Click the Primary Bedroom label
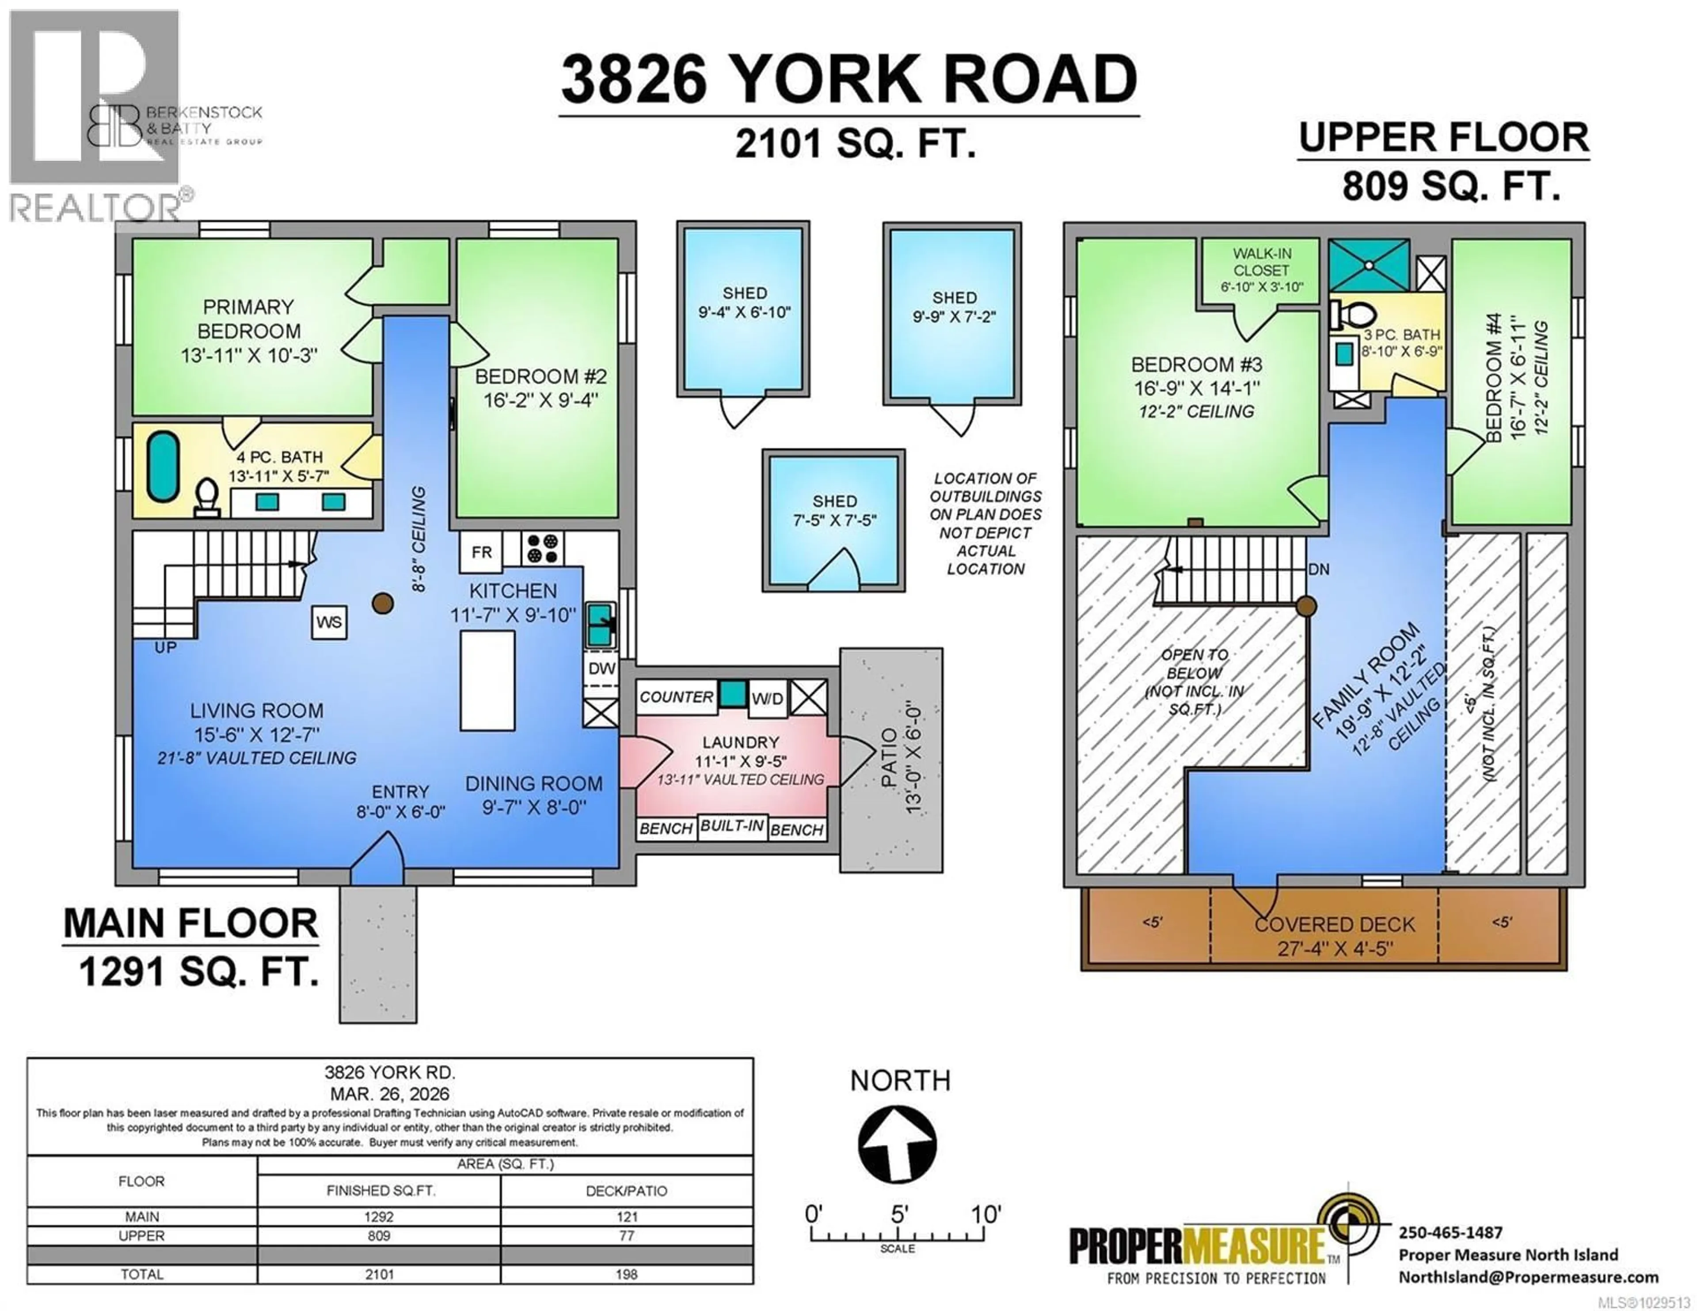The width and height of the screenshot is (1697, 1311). tap(249, 319)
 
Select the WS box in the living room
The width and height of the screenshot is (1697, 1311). tap(329, 623)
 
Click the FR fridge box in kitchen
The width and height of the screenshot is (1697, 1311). tap(481, 552)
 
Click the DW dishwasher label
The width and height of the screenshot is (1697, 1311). tap(601, 669)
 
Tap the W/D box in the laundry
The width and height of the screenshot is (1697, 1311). tap(767, 698)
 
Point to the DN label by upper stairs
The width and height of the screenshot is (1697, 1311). tap(1319, 570)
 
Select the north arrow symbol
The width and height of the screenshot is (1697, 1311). tap(898, 1145)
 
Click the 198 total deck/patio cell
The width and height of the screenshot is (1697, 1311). tap(626, 1274)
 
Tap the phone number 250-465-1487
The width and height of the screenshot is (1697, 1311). tap(1450, 1232)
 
